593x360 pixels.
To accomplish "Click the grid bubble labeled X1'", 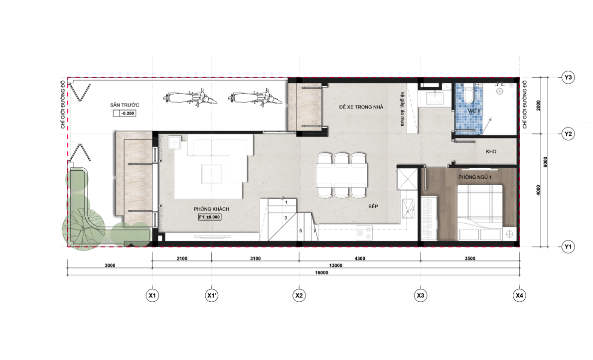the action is pyautogui.click(x=211, y=295).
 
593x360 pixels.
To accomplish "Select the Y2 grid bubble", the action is pyautogui.click(x=568, y=134).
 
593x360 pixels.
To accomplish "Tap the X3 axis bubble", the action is pyautogui.click(x=421, y=295).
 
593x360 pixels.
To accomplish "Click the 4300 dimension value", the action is pyautogui.click(x=360, y=258).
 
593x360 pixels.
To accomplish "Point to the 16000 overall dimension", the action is pyautogui.click(x=321, y=272).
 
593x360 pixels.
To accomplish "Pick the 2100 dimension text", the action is pyautogui.click(x=181, y=258).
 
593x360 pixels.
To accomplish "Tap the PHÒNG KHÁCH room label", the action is pyautogui.click(x=211, y=209).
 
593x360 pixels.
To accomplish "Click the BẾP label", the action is pyautogui.click(x=373, y=206).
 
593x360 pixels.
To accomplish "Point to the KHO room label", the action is pyautogui.click(x=491, y=151).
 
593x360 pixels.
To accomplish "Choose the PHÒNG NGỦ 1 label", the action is pyautogui.click(x=475, y=177).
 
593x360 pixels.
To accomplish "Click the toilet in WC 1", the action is pyautogui.click(x=469, y=95).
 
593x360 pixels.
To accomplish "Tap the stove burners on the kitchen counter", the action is pyautogui.click(x=364, y=233).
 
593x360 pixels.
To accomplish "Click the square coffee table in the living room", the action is pyautogui.click(x=211, y=173).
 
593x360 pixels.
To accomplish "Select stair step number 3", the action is pyautogui.click(x=286, y=218).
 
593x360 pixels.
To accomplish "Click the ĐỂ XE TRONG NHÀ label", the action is pyautogui.click(x=361, y=107).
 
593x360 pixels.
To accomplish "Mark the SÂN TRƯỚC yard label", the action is pyautogui.click(x=125, y=105).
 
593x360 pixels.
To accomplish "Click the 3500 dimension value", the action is pyautogui.click(x=470, y=258).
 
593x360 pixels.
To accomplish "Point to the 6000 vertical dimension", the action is pyautogui.click(x=545, y=162).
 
